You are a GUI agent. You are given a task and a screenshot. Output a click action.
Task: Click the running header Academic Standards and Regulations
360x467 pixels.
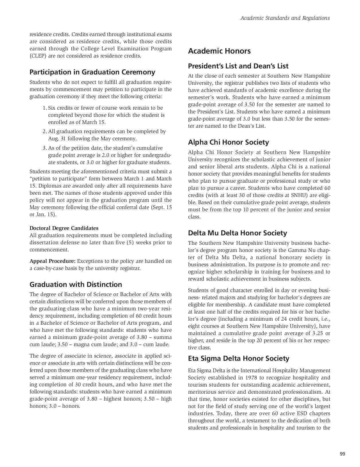click(285, 18)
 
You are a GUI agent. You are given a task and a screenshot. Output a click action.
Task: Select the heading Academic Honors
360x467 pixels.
click(219, 51)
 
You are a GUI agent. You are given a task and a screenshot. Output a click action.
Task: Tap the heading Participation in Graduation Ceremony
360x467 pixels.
click(92, 72)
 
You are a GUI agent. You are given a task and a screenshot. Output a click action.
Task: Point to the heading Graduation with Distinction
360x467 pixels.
click(76, 284)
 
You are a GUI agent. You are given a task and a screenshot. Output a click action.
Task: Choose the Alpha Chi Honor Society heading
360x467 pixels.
click(228, 142)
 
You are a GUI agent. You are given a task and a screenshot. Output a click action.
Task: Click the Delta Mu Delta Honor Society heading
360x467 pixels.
click(237, 233)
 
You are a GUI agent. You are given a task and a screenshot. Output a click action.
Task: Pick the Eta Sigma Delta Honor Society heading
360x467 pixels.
click(238, 358)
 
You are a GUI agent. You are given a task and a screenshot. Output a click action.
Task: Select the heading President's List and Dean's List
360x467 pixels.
click(238, 66)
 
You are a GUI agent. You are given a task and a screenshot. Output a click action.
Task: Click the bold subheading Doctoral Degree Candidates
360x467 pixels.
click(64, 228)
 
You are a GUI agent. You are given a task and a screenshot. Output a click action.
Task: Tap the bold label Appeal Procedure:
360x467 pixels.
click(52, 261)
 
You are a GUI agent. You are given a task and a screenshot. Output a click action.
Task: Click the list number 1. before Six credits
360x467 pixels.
click(45, 108)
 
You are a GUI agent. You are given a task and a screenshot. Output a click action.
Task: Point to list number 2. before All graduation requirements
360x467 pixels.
click(45, 131)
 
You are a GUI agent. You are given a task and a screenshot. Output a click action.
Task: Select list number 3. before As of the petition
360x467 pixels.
click(45, 148)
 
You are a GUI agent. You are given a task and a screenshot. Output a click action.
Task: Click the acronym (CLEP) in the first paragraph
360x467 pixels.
click(38, 56)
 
